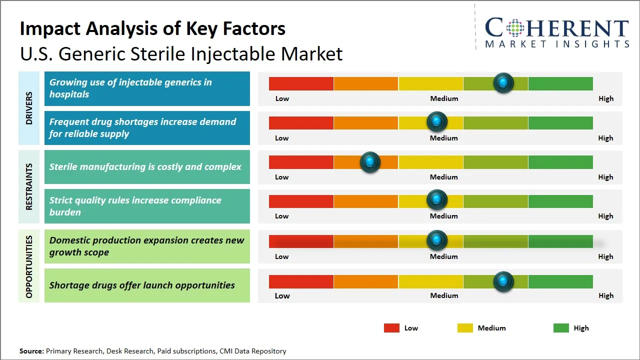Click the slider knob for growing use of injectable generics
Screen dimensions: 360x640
[x=503, y=82]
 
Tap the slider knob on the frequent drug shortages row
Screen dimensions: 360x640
[x=437, y=121]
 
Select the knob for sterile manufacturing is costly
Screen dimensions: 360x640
[x=370, y=162]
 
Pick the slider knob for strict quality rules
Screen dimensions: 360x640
[x=437, y=200]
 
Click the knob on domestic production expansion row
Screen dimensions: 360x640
[x=437, y=240]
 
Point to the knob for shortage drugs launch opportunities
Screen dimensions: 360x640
[x=503, y=281]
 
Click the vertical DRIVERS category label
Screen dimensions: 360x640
[x=29, y=108]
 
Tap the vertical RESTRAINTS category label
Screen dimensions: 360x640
[x=29, y=186]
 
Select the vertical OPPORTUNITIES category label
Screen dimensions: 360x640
[x=29, y=266]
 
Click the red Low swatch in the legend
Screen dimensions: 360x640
[x=391, y=328]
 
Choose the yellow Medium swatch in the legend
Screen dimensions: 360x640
[x=465, y=328]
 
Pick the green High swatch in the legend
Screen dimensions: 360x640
[x=561, y=328]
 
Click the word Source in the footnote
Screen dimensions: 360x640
[x=31, y=351]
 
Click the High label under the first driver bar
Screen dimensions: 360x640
[x=605, y=98]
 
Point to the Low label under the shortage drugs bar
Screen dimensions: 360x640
[x=282, y=295]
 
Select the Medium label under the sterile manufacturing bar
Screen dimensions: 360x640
[x=443, y=177]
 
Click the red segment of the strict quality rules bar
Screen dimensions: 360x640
[x=301, y=201]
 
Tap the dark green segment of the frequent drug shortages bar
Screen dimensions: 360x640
[x=560, y=122]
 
